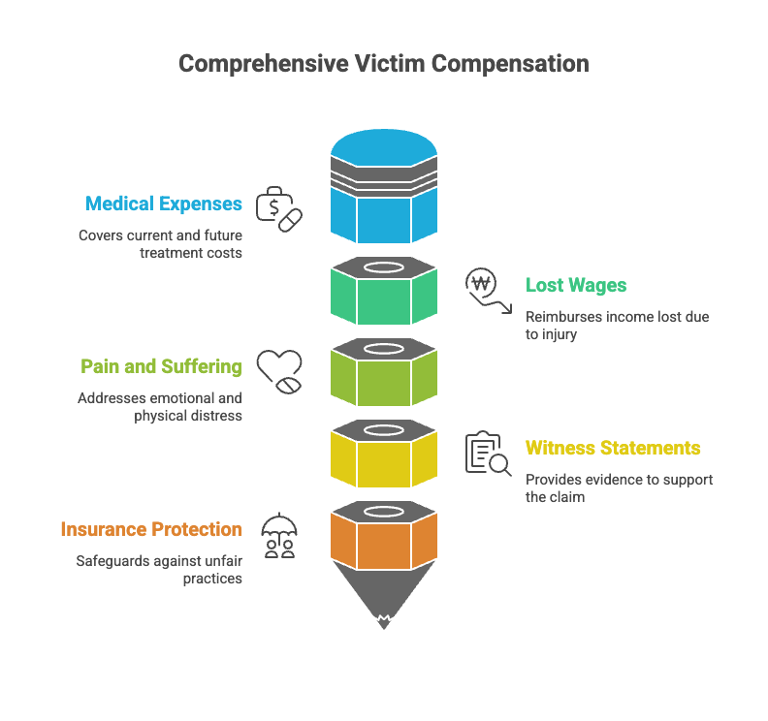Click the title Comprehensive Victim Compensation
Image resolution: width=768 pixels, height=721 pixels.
click(383, 64)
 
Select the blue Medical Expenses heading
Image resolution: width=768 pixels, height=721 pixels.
click(163, 204)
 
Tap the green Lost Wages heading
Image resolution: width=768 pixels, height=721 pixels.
click(576, 285)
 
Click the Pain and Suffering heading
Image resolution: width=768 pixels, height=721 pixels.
click(161, 366)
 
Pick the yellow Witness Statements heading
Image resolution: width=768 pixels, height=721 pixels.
click(613, 448)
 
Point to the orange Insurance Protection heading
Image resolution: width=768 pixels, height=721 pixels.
click(151, 529)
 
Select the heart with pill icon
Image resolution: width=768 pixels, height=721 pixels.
click(279, 370)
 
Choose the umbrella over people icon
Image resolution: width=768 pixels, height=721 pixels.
click(279, 534)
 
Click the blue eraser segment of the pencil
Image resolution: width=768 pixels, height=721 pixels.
click(384, 215)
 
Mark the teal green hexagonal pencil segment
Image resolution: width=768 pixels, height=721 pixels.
click(384, 299)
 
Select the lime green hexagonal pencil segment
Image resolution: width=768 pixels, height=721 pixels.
click(384, 381)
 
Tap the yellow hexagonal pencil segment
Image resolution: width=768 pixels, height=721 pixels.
click(384, 462)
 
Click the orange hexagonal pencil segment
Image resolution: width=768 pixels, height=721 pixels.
click(384, 544)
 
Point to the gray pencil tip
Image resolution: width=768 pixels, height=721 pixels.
click(384, 596)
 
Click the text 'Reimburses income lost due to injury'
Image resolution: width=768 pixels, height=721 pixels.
click(617, 325)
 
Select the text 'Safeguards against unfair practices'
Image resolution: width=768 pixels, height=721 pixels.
click(159, 569)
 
